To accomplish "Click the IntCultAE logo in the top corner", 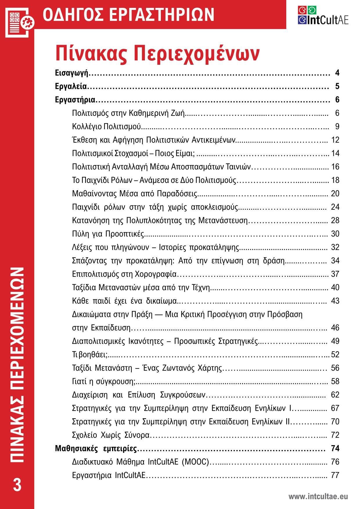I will (x=323, y=15).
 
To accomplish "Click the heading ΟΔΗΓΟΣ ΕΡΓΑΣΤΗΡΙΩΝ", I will (x=128, y=15).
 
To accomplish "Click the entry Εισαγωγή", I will (x=72, y=73).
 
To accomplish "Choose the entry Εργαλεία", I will (x=71, y=86).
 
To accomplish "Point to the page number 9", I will (x=337, y=127).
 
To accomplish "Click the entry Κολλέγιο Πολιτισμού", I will (x=107, y=127).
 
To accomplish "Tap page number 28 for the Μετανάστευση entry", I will (x=335, y=220).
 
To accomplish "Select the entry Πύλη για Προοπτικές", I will (x=108, y=234).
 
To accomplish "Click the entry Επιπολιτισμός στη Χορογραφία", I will (x=124, y=274).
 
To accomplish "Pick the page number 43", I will (x=335, y=301).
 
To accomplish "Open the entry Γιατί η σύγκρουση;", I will (x=104, y=381).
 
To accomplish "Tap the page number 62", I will (x=335, y=395).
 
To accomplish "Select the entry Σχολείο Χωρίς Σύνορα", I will (x=111, y=435).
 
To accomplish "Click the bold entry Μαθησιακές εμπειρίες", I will (x=96, y=448).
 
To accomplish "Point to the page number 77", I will (x=335, y=475).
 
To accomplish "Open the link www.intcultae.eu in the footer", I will (x=318, y=497).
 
